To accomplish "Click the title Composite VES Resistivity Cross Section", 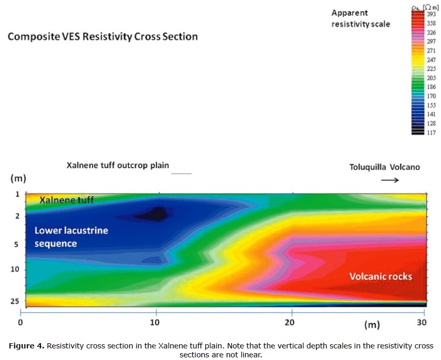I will (102, 37).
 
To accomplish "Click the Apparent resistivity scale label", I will (360, 18).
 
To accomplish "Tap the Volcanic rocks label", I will (381, 276).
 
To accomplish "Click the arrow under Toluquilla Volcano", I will (389, 180).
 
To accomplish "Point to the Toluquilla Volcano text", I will (385, 168).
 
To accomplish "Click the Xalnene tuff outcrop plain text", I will (118, 165).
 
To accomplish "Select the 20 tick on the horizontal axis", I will (291, 322).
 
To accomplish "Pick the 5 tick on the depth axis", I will (16, 244).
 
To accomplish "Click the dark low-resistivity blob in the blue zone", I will (155, 213).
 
